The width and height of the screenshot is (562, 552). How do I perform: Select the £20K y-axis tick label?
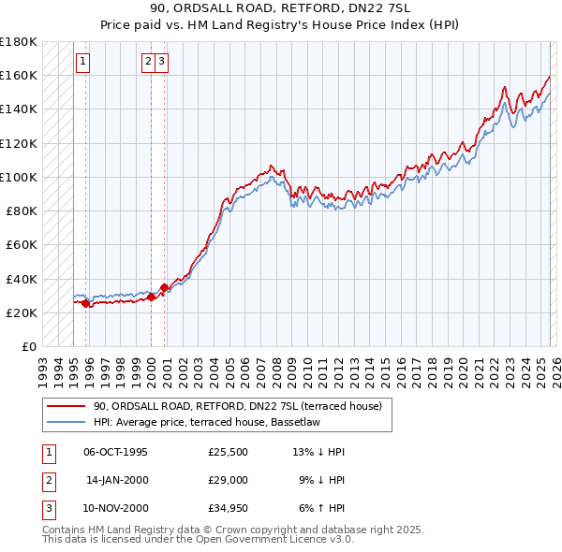[22, 312]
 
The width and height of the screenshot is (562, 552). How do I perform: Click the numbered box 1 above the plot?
[84, 63]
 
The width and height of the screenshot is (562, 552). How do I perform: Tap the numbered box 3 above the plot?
[162, 63]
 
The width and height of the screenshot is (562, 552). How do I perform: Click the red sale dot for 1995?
[85, 303]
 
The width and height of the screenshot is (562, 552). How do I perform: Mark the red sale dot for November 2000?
[164, 287]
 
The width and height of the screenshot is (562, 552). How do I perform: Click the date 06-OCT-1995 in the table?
[115, 452]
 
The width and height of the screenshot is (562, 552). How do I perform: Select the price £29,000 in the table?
[229, 480]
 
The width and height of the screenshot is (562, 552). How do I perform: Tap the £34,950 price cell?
[229, 508]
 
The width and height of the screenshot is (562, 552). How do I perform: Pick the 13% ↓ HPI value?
[318, 452]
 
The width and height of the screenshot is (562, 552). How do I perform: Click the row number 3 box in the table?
[47, 508]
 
